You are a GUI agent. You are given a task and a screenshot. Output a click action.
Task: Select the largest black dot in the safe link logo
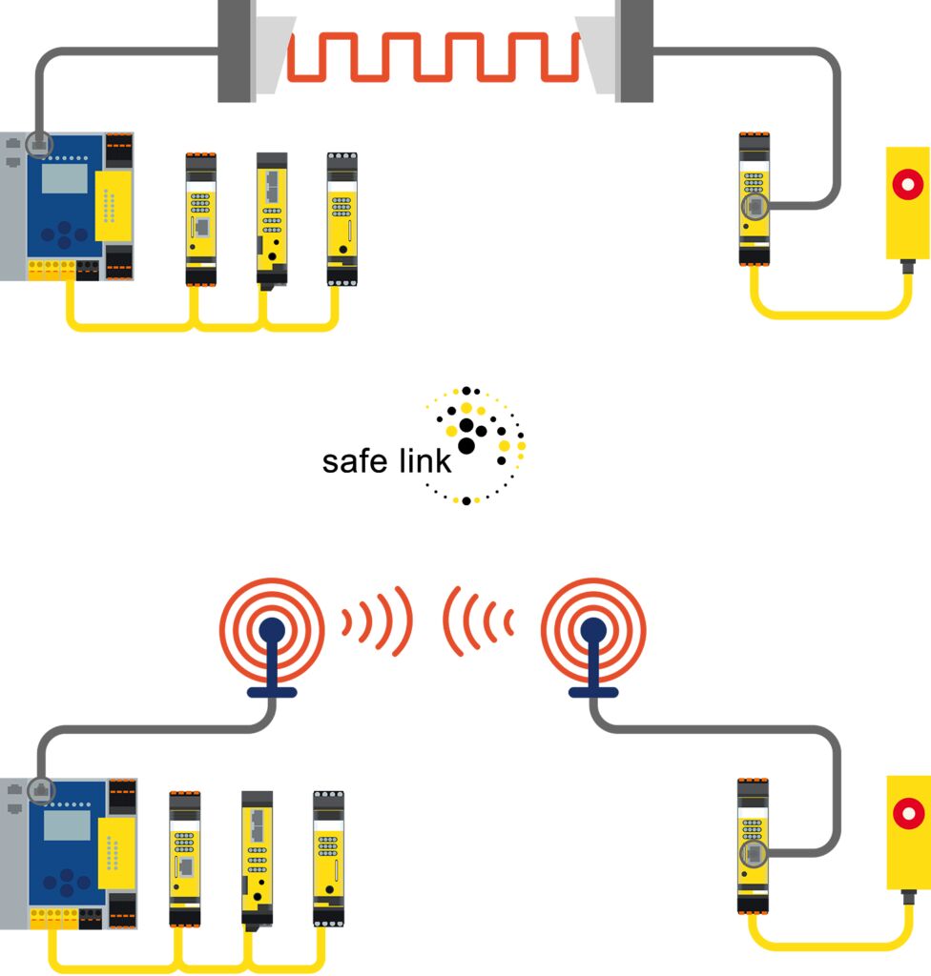[466, 445]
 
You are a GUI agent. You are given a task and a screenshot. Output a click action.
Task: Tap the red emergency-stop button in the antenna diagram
[907, 813]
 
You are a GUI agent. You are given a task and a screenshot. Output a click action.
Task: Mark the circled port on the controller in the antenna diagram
[41, 789]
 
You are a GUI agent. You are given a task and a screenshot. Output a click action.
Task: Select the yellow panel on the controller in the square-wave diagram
[113, 205]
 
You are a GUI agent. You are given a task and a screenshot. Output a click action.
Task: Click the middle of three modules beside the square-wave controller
[271, 219]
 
